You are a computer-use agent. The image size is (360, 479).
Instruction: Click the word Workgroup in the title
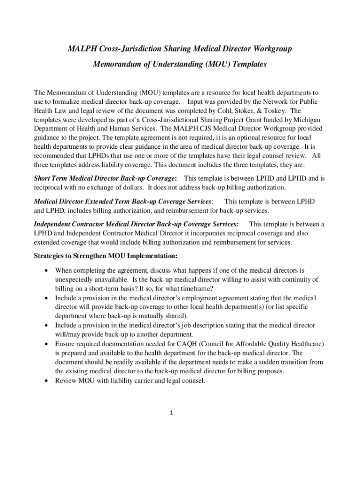(272, 49)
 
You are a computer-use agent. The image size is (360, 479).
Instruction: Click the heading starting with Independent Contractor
(137, 224)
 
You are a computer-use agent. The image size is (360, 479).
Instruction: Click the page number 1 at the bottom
(172, 413)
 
